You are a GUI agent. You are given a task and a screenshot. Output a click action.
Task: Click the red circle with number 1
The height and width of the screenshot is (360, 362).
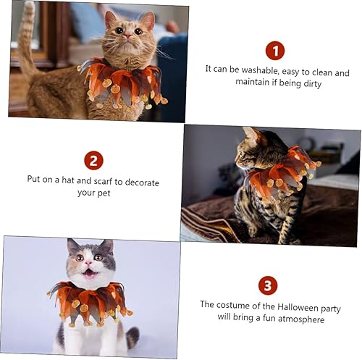click(x=274, y=51)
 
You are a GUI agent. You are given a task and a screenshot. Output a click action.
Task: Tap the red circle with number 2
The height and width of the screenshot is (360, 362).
click(x=93, y=160)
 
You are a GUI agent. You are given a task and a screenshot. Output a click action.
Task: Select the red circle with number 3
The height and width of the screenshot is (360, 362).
click(x=267, y=284)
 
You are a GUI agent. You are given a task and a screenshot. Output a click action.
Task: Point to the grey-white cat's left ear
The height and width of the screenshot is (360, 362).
click(x=73, y=246)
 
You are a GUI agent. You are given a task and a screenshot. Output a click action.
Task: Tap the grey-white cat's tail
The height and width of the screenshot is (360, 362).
click(x=132, y=338)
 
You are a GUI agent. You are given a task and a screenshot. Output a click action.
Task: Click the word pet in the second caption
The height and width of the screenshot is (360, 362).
click(x=107, y=193)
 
